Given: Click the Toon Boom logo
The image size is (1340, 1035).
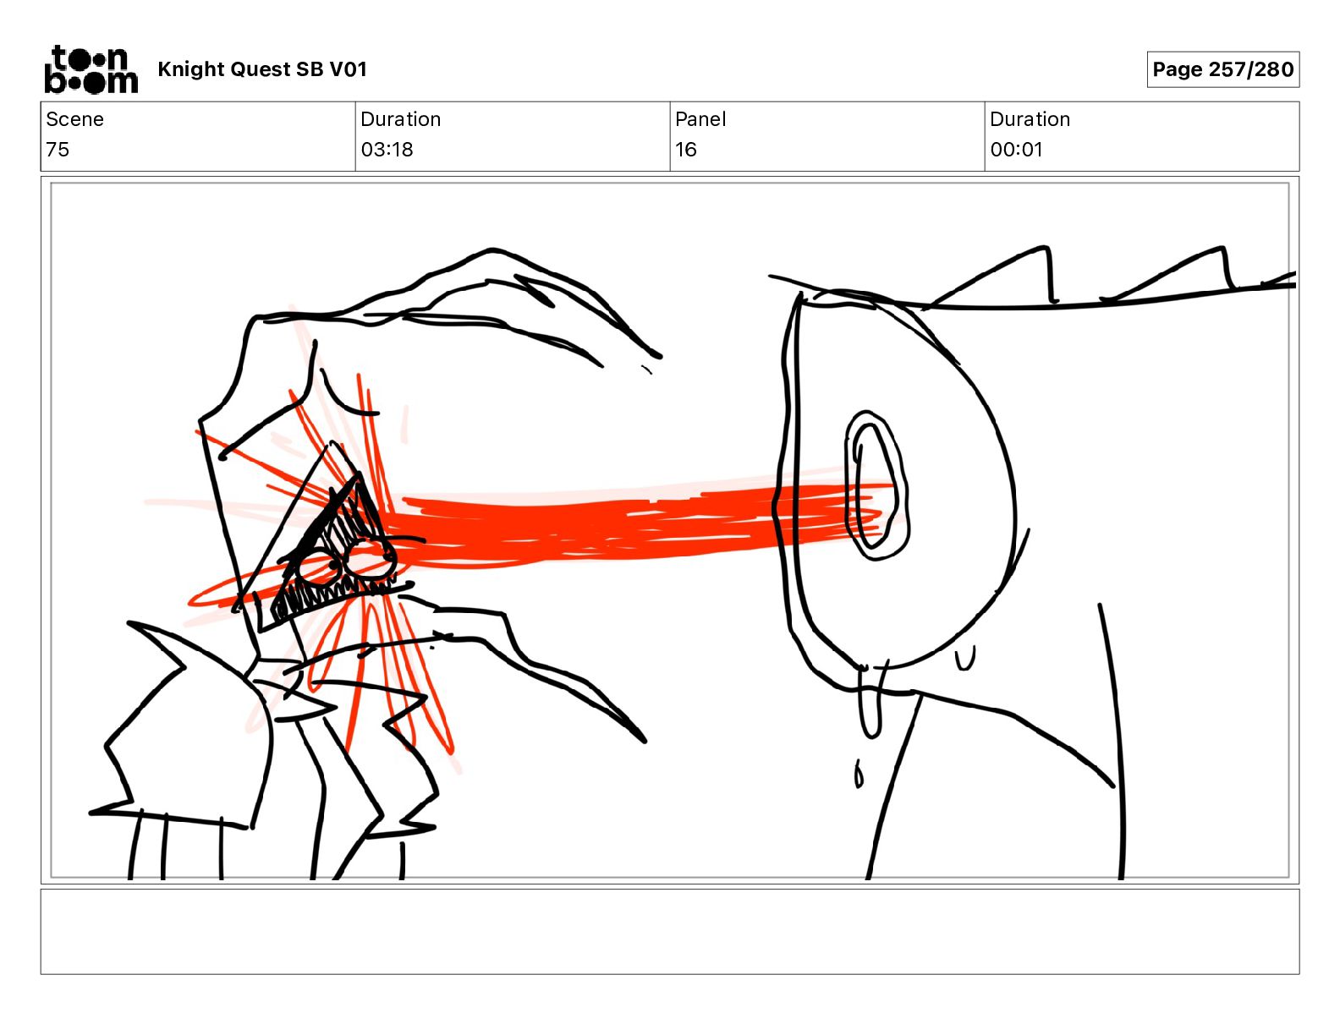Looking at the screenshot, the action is [x=91, y=69].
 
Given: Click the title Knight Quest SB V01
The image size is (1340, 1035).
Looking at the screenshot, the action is [x=262, y=69].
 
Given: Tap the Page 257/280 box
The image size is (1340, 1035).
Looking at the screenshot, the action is [x=1223, y=69].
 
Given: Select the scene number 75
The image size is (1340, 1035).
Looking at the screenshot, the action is [x=58, y=150].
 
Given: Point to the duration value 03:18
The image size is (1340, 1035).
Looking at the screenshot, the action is [x=387, y=150].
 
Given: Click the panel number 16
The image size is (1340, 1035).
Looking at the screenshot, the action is [x=686, y=150].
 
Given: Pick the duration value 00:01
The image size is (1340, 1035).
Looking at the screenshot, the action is [x=1016, y=150].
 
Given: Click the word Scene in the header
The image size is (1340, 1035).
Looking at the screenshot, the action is [x=74, y=119].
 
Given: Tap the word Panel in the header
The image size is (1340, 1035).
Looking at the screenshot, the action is [x=700, y=119].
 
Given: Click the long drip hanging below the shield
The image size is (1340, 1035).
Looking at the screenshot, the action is [x=870, y=702].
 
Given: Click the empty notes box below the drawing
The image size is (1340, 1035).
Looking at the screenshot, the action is [x=670, y=932].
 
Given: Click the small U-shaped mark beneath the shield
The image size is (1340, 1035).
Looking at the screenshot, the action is [x=965, y=659].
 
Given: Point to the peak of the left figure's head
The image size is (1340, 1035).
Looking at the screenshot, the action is [x=491, y=249].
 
